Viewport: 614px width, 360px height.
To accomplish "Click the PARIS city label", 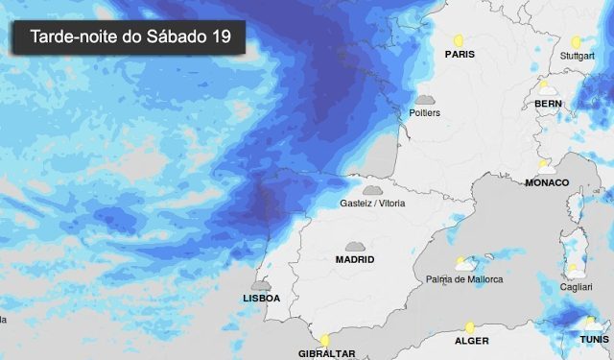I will coord(460,55).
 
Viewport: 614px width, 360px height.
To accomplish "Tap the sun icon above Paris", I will coord(459,41).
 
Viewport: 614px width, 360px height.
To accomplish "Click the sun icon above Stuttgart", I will coord(576,42).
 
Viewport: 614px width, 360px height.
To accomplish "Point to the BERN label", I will coord(548,103).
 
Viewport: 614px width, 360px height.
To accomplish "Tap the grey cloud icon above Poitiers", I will coord(425,100).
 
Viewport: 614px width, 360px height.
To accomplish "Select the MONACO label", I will coord(547,182).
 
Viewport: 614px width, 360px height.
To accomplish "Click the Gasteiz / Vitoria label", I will coord(373,204).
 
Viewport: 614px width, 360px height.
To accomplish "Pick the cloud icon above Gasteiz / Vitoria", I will coord(371,190).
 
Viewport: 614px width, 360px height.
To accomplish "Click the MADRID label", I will coord(355,259).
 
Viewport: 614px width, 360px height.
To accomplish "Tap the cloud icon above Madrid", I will coord(355,247).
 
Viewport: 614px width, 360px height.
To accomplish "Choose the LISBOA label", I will coord(261,299).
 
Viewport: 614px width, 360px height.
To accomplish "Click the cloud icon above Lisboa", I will coord(260,285).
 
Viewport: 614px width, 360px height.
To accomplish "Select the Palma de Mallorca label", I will coord(464,279).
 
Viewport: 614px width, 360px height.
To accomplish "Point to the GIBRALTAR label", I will coord(327,353).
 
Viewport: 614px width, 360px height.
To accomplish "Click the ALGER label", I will coord(471,341).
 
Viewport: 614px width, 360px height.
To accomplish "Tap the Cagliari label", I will coord(576,287).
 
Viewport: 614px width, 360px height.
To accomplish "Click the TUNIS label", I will coord(594,340).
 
